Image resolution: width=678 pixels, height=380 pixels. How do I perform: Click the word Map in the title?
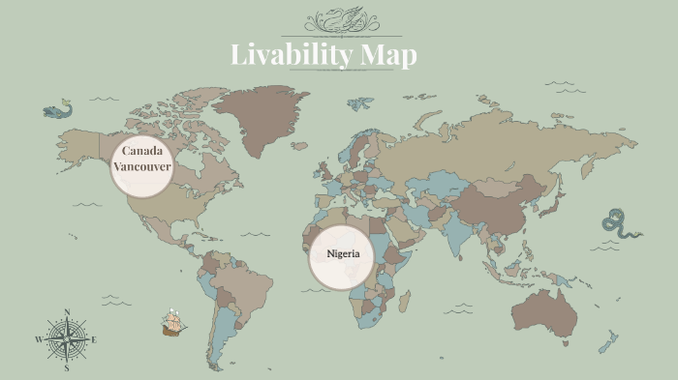[388, 55]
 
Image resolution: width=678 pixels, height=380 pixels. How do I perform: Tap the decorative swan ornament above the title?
[339, 20]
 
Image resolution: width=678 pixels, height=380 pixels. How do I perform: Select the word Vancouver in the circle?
[141, 167]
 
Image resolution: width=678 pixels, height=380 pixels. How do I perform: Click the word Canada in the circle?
[141, 152]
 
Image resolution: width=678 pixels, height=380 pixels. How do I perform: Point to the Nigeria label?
[342, 254]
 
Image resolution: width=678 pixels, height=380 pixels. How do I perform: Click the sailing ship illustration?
[173, 322]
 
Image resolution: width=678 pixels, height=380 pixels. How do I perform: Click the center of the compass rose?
[67, 339]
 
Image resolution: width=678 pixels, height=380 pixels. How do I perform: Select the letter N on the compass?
[67, 311]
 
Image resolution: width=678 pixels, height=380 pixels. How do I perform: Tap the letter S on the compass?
[67, 368]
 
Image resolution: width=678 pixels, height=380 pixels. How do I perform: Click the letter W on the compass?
[39, 339]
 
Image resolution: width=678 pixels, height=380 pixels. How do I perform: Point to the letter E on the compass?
[94, 339]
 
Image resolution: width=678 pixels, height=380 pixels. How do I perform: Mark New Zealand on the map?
[608, 341]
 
